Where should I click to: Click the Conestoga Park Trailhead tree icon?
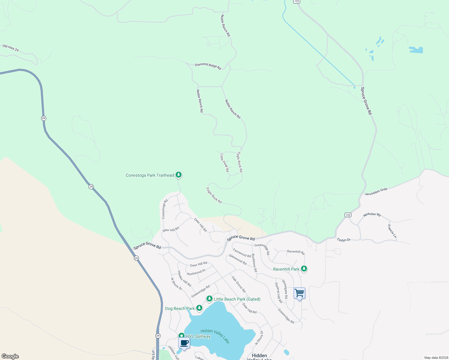click(x=179, y=175)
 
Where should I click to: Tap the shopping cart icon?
click(x=300, y=293)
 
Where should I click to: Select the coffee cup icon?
click(x=184, y=343)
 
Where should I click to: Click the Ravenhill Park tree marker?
click(x=304, y=268)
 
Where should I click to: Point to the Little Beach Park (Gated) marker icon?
click(x=209, y=298)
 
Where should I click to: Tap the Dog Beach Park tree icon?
click(x=199, y=308)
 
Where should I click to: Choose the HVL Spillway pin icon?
click(x=181, y=336)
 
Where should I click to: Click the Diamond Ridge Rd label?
click(x=208, y=66)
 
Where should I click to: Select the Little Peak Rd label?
click(x=224, y=163)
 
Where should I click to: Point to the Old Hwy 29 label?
click(x=11, y=48)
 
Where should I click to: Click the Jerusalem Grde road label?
click(x=376, y=192)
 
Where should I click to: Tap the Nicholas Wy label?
click(x=372, y=214)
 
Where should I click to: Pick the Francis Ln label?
click(x=392, y=231)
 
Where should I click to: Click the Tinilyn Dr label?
click(x=344, y=240)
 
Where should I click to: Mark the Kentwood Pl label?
click(x=196, y=272)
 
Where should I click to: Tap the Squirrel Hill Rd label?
click(x=279, y=292)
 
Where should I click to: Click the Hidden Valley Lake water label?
click(x=215, y=336)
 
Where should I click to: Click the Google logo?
click(x=10, y=356)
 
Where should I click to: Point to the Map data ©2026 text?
click(x=435, y=358)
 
